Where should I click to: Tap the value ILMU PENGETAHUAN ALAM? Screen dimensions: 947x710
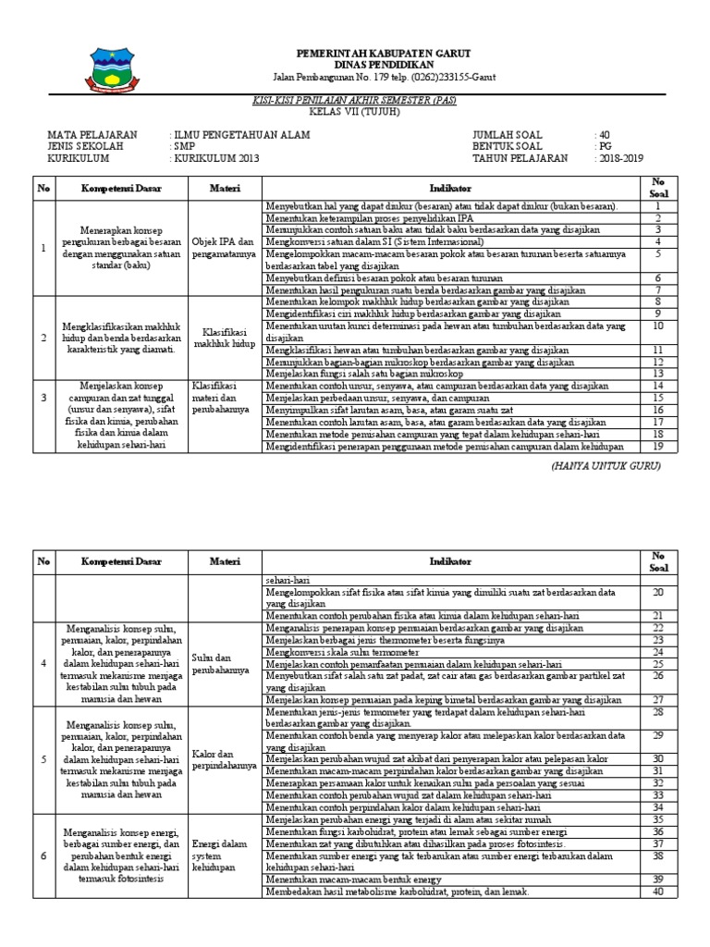coord(242,135)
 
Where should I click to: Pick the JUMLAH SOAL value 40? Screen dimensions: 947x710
coord(606,135)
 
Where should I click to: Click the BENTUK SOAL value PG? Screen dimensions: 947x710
coord(606,147)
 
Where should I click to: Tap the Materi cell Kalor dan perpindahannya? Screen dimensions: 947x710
coord(225,760)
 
